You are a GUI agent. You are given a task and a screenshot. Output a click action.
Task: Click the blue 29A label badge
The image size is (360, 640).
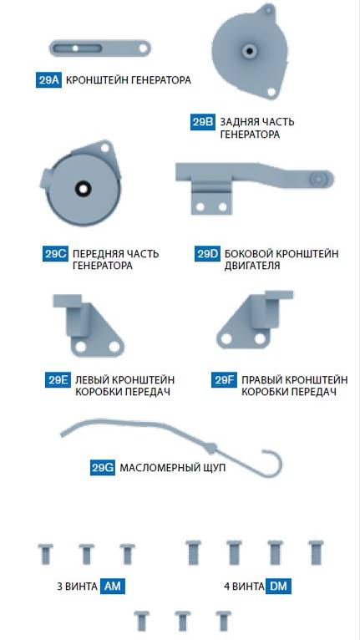coord(48,80)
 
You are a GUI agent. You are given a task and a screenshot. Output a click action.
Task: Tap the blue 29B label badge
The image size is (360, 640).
coord(203,122)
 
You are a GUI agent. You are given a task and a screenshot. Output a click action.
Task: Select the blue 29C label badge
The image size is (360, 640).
coord(55,253)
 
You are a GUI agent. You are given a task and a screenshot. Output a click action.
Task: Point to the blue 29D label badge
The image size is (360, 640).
coord(208,253)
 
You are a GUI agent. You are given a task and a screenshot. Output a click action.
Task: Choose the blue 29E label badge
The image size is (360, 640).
coord(58,380)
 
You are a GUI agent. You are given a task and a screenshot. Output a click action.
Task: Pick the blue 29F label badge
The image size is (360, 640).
coord(224,380)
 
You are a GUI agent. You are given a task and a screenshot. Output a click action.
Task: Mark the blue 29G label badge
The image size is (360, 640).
coord(103,467)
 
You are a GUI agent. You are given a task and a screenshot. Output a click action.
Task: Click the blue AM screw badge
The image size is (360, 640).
coord(113,587)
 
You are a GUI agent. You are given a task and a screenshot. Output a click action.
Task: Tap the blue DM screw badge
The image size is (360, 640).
coord(279,587)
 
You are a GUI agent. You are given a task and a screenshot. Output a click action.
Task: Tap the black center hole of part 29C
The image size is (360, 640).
coord(83,189)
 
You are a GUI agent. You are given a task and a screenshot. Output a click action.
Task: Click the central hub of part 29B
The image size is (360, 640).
coord(249,51)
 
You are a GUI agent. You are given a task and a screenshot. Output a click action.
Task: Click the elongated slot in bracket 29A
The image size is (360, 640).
coord(78,48)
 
